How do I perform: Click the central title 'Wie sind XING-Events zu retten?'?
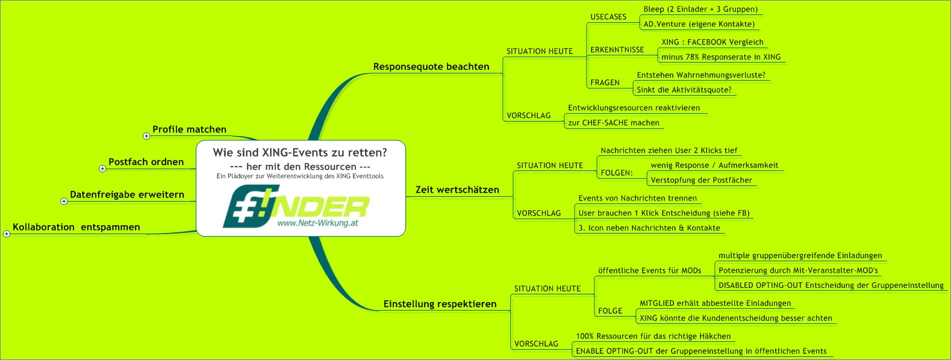(x=300, y=152)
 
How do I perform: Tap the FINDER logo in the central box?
(x=296, y=206)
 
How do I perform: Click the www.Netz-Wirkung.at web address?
(x=317, y=223)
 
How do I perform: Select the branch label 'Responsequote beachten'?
(x=431, y=67)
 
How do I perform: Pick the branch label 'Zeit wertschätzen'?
(x=457, y=190)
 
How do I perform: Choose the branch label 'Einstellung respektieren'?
(x=440, y=304)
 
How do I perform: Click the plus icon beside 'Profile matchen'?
(x=146, y=136)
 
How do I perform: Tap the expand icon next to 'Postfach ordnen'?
(x=102, y=169)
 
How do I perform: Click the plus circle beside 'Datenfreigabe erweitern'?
(x=64, y=201)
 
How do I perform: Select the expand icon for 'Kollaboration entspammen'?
(x=7, y=234)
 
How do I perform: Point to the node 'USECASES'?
(x=608, y=17)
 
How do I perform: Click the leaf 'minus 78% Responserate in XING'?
(x=721, y=57)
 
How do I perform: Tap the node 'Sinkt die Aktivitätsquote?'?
(x=684, y=90)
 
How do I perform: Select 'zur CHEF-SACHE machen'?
(x=614, y=123)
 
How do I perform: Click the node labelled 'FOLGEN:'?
(x=617, y=173)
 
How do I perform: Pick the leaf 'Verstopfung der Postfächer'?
(x=702, y=180)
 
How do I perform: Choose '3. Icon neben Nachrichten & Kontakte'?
(x=649, y=228)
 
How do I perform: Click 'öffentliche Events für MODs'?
(x=650, y=270)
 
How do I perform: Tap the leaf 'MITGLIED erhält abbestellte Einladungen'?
(x=716, y=303)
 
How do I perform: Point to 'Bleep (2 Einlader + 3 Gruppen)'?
(x=700, y=9)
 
